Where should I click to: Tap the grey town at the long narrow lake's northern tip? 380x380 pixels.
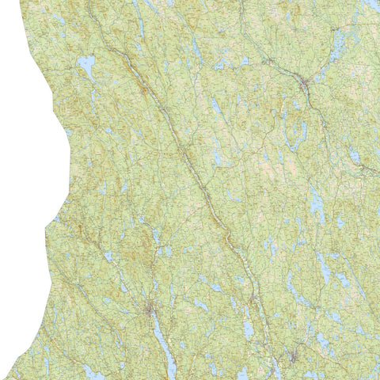(150, 310)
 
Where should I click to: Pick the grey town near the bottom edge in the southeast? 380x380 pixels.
(292, 357)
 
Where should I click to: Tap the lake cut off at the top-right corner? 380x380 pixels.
(372, 3)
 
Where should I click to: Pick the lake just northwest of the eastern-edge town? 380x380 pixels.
(348, 150)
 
